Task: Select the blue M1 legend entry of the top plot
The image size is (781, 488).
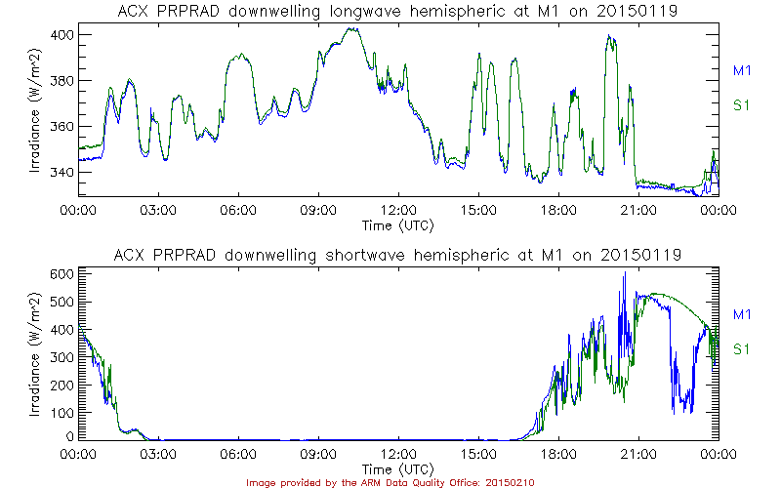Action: click(x=742, y=70)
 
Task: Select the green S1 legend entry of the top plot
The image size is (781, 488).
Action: click(x=742, y=105)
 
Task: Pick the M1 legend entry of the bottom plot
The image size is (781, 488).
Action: click(x=742, y=314)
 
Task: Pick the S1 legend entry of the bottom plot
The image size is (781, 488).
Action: click(x=742, y=348)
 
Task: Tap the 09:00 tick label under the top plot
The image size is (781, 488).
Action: click(x=318, y=209)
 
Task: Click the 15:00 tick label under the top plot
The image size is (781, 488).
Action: click(x=478, y=209)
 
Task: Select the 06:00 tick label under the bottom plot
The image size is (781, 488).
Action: click(x=238, y=453)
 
